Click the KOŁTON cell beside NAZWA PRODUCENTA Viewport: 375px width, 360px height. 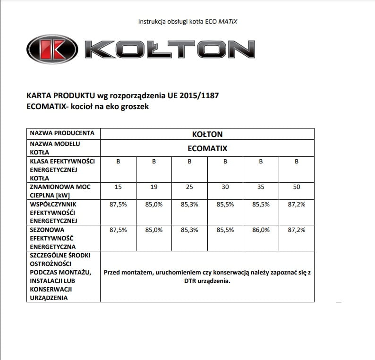click(x=207, y=134)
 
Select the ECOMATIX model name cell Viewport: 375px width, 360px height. click(x=207, y=148)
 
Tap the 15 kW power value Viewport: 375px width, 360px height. click(x=118, y=187)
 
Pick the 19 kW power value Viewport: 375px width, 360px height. click(x=154, y=187)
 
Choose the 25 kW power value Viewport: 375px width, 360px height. click(x=189, y=187)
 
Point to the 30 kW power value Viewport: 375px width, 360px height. click(x=225, y=187)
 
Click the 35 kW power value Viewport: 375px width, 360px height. click(x=261, y=187)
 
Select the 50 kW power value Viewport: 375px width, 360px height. click(x=297, y=187)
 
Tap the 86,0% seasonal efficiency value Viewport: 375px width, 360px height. click(x=261, y=230)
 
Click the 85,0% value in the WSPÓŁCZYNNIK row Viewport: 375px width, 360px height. click(x=154, y=204)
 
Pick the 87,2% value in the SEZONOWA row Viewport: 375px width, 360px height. click(x=297, y=230)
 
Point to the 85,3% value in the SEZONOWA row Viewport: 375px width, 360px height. click(x=189, y=230)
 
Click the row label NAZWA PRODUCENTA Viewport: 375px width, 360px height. click(x=62, y=133)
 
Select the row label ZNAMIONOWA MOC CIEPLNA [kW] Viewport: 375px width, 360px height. click(x=60, y=191)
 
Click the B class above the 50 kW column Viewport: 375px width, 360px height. click(x=297, y=162)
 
